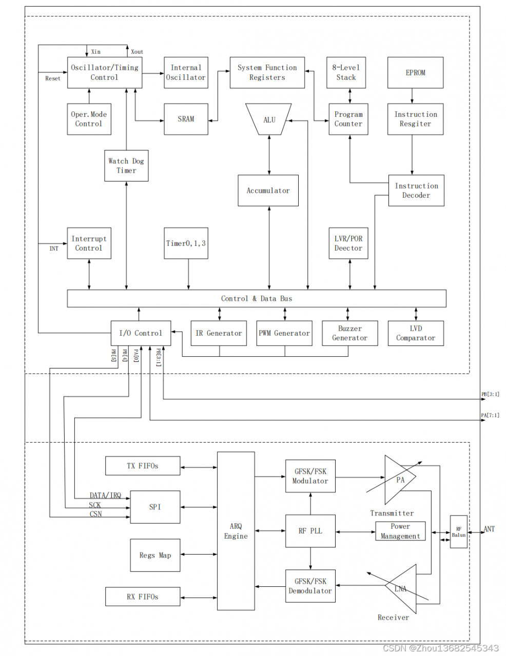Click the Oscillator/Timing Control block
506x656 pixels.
105,72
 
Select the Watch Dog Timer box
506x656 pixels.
126,166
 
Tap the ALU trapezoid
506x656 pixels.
269,119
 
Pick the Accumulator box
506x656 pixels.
268,191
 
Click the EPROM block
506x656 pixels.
415,73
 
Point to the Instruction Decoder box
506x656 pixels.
416,191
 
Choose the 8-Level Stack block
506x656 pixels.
346,72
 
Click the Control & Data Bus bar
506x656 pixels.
257,298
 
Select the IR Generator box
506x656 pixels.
219,333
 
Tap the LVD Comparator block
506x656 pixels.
416,333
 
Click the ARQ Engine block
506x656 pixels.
236,531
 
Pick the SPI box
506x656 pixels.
155,507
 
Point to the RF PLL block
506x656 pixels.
310,531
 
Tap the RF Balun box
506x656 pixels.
459,532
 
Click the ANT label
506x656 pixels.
489,529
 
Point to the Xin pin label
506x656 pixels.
96,52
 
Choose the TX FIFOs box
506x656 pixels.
143,466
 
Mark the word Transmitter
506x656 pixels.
392,513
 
